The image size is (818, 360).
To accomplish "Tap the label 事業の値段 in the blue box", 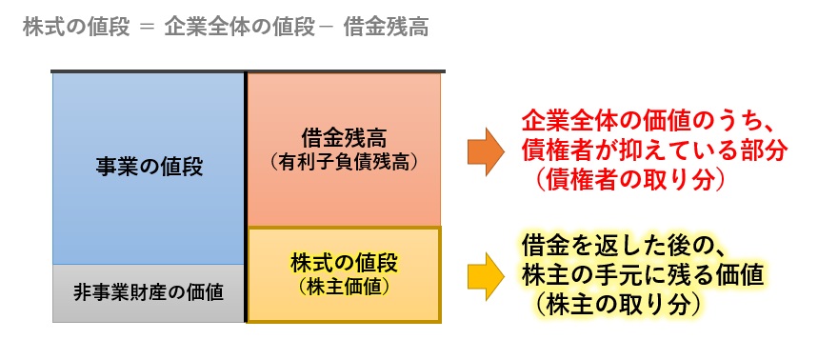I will coord(150,166).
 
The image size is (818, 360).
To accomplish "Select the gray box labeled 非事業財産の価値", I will coord(149,292).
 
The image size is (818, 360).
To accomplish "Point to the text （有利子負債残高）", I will coord(343,162).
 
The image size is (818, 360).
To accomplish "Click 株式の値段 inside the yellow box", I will coord(344,260).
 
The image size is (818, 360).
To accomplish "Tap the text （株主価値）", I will coord(344,283).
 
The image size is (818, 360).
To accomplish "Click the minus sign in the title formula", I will coord(320,28).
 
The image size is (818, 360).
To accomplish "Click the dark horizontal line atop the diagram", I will coord(248,70).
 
